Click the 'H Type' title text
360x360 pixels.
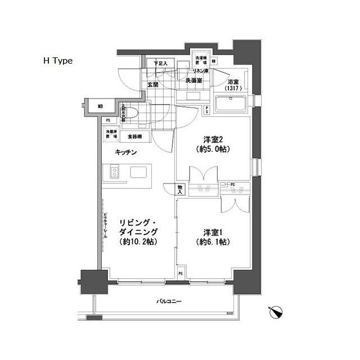click(x=58, y=61)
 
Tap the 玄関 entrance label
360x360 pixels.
click(x=152, y=84)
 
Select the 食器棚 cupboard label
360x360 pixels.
click(x=134, y=136)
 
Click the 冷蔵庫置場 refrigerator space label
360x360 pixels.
click(x=110, y=136)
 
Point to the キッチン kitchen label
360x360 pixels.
click(x=127, y=152)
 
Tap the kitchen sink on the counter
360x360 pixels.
click(x=138, y=172)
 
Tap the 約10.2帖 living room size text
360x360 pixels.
click(x=138, y=242)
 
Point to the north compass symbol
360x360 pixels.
click(x=277, y=312)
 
